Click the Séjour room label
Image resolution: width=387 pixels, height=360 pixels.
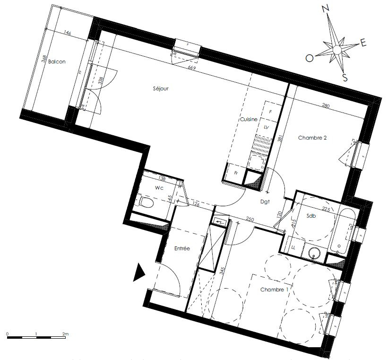tap(161, 88)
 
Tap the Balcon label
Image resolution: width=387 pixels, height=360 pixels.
tap(57, 61)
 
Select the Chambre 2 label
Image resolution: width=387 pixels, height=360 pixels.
tap(312, 138)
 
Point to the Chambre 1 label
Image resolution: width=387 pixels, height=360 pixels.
tap(274, 290)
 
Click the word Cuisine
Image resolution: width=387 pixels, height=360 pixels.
tap(249, 120)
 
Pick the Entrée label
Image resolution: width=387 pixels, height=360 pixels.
tap(182, 248)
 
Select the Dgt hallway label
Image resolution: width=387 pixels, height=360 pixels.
tap(265, 201)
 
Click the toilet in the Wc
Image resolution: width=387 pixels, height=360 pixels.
tap(147, 203)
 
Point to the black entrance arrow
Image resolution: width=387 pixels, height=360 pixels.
tap(139, 272)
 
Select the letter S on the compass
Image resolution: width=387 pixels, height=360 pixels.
tap(345, 78)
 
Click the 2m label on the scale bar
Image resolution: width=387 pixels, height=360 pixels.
tap(65, 334)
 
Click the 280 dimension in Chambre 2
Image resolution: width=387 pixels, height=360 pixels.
tap(325, 106)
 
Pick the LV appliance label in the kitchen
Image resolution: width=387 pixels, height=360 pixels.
tap(266, 128)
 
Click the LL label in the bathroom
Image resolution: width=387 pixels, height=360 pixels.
tap(293, 248)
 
